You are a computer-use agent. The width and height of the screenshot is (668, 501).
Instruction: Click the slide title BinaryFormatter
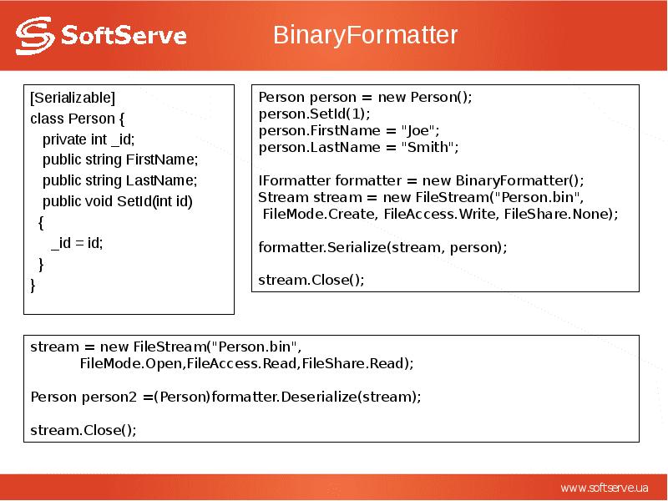tap(366, 36)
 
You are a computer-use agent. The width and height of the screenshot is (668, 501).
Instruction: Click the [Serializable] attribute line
tap(73, 97)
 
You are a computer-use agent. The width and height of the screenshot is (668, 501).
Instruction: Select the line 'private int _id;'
tap(88, 139)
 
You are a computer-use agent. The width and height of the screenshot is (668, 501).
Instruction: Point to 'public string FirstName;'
tap(120, 159)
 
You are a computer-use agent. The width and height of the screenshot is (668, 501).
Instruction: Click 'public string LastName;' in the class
tap(119, 180)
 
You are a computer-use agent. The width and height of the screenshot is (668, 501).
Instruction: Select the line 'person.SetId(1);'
tap(314, 114)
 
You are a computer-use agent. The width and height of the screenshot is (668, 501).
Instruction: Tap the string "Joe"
tap(418, 130)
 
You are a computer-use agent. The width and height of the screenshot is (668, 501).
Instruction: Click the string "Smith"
tap(428, 147)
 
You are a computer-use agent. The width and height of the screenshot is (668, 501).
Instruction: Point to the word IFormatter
tap(295, 180)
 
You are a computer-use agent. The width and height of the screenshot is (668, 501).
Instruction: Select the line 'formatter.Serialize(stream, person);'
tap(382, 247)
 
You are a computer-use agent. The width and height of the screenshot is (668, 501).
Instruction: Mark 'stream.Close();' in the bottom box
tap(83, 430)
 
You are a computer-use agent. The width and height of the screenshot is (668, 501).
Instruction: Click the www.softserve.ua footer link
tap(604, 488)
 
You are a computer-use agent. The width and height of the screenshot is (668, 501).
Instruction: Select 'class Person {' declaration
tap(77, 118)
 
